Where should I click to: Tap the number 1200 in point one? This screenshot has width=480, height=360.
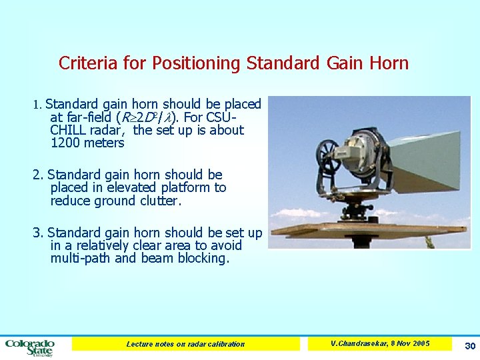tap(65, 143)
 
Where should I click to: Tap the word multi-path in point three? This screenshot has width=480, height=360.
tap(80, 258)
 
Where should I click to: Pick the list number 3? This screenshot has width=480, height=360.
tap(37, 233)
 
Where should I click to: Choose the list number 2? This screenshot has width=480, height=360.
tap(37, 175)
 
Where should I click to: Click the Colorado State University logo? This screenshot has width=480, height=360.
tap(30, 347)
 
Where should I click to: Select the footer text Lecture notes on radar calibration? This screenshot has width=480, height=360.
tap(185, 344)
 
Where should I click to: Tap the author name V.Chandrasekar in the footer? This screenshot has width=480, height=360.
tap(361, 343)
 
